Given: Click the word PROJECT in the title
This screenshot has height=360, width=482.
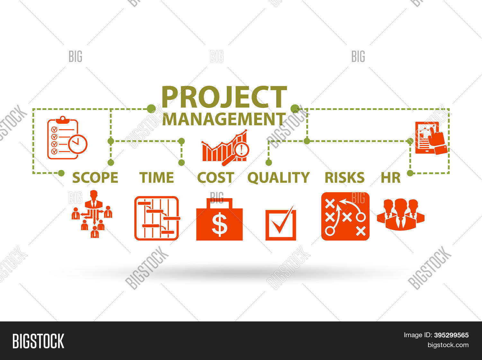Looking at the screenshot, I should (224, 97).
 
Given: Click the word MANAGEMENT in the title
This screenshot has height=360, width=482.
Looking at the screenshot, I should (224, 119).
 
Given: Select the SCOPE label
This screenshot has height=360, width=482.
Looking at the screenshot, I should (95, 177).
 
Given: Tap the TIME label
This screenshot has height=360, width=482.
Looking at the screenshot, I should (156, 177).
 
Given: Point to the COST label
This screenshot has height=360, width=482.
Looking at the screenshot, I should (215, 177).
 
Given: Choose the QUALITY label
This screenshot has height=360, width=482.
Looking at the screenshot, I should (278, 177).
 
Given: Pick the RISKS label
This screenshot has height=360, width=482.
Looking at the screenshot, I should (344, 177).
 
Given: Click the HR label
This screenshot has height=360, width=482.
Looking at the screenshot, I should (390, 177).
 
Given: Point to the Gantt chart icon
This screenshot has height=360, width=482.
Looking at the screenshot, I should (157, 218).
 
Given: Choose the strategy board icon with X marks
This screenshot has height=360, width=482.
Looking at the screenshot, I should (345, 216).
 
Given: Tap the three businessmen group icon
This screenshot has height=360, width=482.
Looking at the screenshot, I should (401, 214).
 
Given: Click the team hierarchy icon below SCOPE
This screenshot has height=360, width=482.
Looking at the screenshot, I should (92, 214).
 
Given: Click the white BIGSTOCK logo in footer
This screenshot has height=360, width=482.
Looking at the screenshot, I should (38, 341).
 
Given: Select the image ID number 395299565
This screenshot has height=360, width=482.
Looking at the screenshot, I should (451, 335).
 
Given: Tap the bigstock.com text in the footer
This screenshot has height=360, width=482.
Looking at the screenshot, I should (448, 345).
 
